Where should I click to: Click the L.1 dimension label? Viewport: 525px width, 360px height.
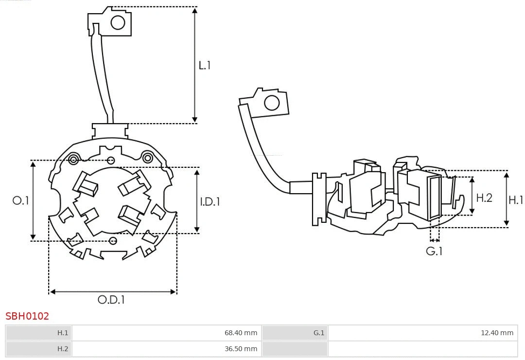[205, 65]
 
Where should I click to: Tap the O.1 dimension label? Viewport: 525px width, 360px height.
[21, 200]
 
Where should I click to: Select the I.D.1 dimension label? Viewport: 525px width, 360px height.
[210, 201]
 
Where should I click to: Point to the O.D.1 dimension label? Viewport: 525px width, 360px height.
[111, 300]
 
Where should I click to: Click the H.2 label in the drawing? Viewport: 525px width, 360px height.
[484, 198]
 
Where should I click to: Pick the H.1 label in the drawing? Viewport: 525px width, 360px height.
[516, 199]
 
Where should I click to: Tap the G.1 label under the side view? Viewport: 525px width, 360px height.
[434, 252]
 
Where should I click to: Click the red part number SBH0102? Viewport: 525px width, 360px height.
[27, 316]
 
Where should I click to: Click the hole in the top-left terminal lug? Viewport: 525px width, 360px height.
[118, 22]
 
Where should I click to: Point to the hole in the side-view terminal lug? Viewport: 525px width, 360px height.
[271, 103]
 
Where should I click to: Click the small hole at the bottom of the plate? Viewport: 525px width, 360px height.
[113, 240]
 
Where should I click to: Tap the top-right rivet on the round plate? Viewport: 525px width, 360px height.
[147, 157]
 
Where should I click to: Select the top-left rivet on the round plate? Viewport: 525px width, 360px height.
[74, 160]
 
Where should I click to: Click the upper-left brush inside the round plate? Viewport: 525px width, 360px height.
[85, 184]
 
